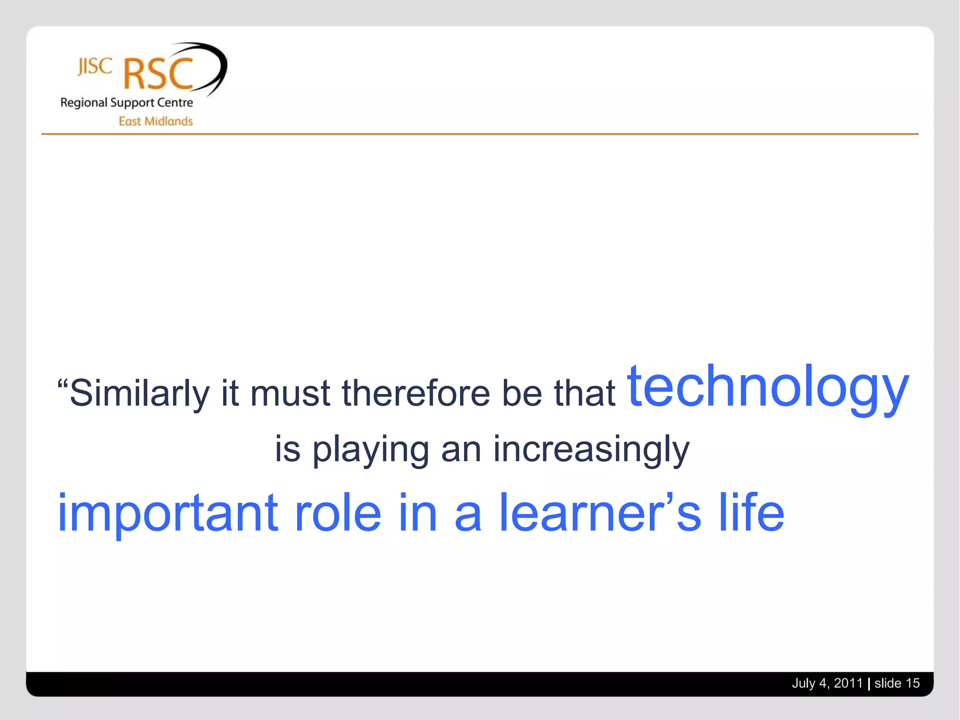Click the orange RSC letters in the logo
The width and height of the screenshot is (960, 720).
[x=158, y=74]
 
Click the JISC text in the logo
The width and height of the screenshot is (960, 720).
[x=95, y=67]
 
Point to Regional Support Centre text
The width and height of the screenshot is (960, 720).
[x=127, y=103]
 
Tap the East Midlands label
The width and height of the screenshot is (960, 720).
[x=156, y=121]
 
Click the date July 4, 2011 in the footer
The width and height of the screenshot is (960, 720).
[x=827, y=683]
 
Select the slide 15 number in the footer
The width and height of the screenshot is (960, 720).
[x=897, y=683]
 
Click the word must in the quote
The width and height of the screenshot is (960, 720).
[x=290, y=393]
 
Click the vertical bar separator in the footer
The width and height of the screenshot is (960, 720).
[x=869, y=684]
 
